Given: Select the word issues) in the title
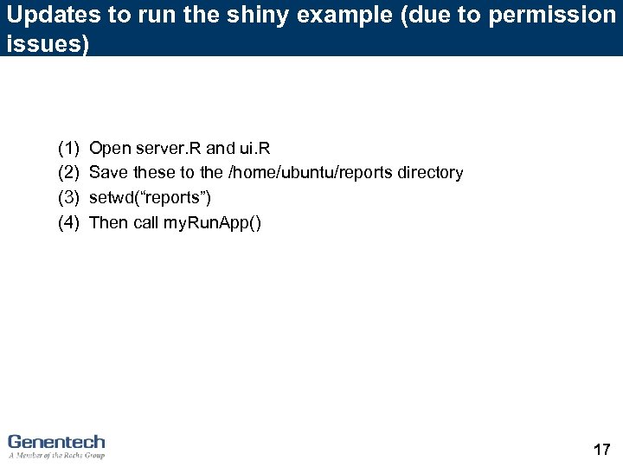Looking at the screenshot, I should pos(48,44).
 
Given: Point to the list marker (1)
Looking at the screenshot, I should pos(68,148).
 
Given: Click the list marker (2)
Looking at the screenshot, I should pos(68,173).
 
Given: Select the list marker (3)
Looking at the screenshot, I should pos(68,198).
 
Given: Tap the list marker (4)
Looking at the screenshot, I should pos(68,223).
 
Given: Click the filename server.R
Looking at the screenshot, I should pos(168,148).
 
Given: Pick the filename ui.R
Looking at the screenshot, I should pos(251,148).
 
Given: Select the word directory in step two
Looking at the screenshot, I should pos(430,173).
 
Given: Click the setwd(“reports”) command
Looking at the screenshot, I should pos(151,198).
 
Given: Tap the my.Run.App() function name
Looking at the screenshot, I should pos(212,223).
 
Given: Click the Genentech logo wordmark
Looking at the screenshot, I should pos(56,441).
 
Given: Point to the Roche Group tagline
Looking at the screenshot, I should pos(56,455).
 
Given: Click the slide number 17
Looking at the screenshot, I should pos(601,449).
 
